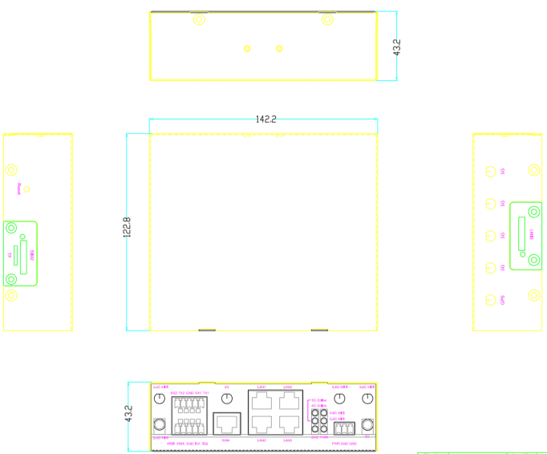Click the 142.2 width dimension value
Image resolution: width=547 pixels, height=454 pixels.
[x=265, y=119]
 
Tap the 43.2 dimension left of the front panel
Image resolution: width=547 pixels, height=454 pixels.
[x=128, y=414]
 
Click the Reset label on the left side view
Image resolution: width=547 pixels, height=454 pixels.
[x=18, y=189]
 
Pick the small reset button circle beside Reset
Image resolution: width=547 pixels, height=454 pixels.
[x=27, y=189]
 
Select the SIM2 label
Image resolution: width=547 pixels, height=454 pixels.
[x=31, y=254]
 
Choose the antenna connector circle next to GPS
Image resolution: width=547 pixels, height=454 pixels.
[x=492, y=300]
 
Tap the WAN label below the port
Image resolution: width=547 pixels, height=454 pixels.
[x=226, y=440]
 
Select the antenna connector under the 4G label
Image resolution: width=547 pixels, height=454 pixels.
[x=227, y=399]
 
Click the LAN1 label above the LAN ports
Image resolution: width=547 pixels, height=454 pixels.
[x=261, y=387]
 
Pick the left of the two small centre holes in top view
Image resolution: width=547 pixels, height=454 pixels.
[x=248, y=49]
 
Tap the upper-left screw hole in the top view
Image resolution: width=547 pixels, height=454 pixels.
[x=198, y=19]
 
